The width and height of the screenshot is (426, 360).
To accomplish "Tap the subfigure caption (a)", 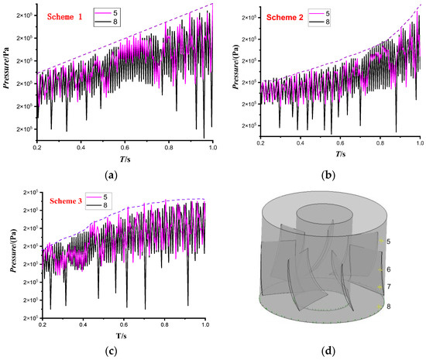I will (x=113, y=175).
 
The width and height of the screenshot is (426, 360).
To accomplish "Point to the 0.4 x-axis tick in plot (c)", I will (x=81, y=327).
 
